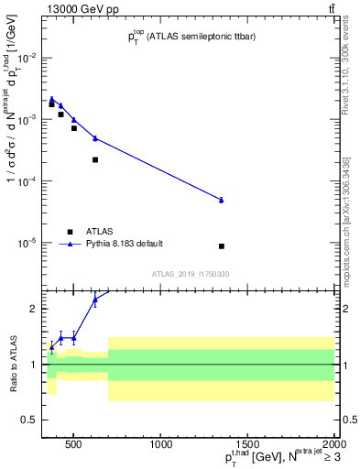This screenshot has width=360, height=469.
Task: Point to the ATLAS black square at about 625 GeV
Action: click(95, 159)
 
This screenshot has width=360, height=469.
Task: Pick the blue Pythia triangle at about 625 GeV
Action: click(95, 138)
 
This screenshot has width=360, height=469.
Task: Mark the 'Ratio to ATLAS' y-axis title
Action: click(11, 363)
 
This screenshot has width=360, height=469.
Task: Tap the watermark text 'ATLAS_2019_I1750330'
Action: click(191, 274)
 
